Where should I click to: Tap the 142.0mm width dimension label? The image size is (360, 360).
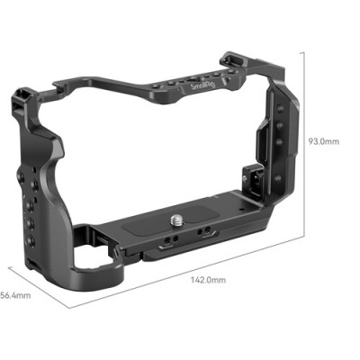click(x=208, y=280)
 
